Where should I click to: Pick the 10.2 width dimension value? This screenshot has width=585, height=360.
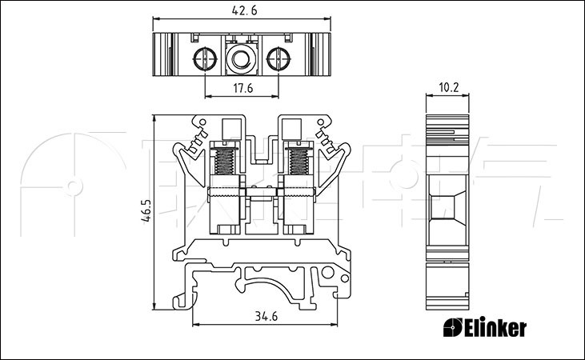[x=449, y=88]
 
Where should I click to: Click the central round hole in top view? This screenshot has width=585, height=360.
[x=241, y=58]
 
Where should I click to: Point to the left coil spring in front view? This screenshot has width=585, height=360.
[x=226, y=159]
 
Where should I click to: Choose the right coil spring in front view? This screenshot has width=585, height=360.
[x=298, y=159]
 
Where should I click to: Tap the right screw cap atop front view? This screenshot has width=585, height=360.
[x=290, y=128]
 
